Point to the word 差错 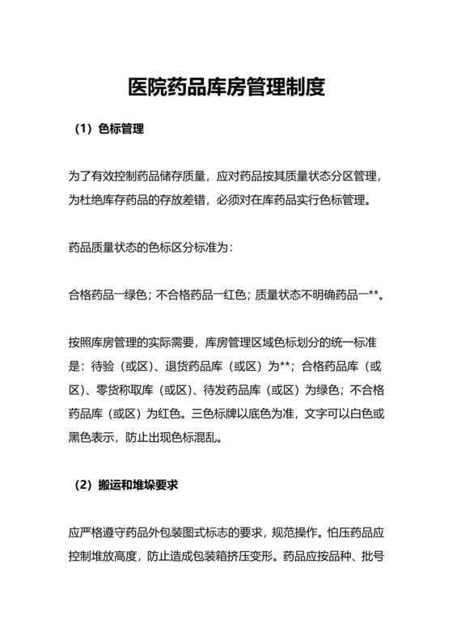pos(219,199)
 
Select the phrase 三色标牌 pos(214,413)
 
